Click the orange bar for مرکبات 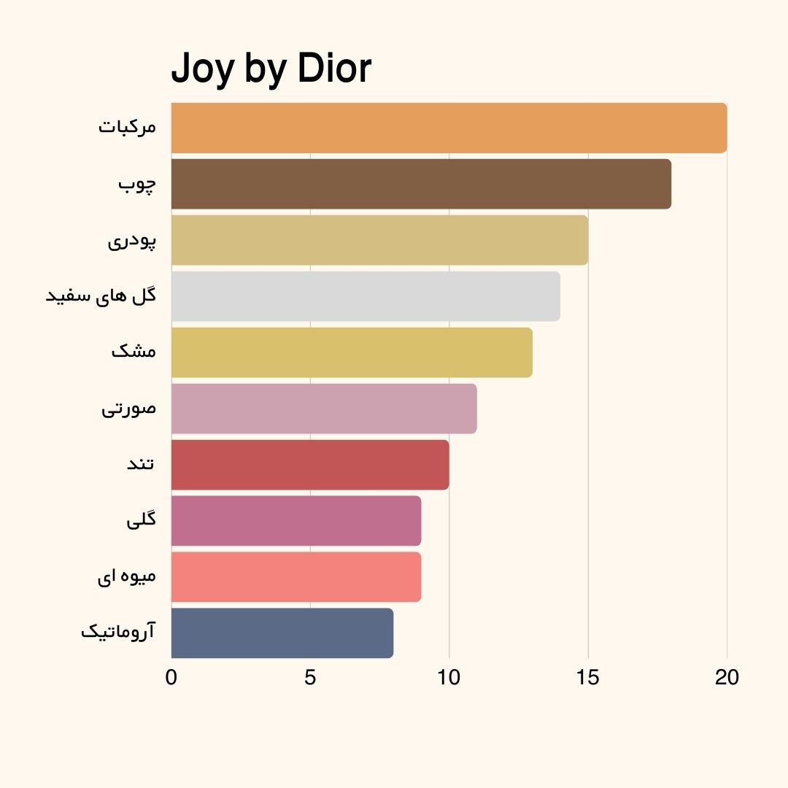click(x=449, y=128)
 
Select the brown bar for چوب click(x=421, y=184)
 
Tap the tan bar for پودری click(x=379, y=240)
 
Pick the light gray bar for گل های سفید click(x=366, y=296)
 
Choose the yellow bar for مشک click(x=352, y=352)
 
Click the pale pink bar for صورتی click(x=324, y=409)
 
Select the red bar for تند click(x=310, y=465)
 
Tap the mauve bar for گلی click(x=296, y=521)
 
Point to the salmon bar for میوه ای click(x=296, y=577)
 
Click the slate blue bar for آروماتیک click(x=282, y=633)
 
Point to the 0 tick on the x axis click(x=171, y=678)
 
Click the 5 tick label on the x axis click(x=310, y=678)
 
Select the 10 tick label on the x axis click(x=449, y=678)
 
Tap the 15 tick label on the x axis click(x=587, y=678)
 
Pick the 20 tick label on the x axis click(x=727, y=678)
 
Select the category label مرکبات click(x=127, y=127)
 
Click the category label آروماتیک click(x=118, y=632)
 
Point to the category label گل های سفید click(x=101, y=295)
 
